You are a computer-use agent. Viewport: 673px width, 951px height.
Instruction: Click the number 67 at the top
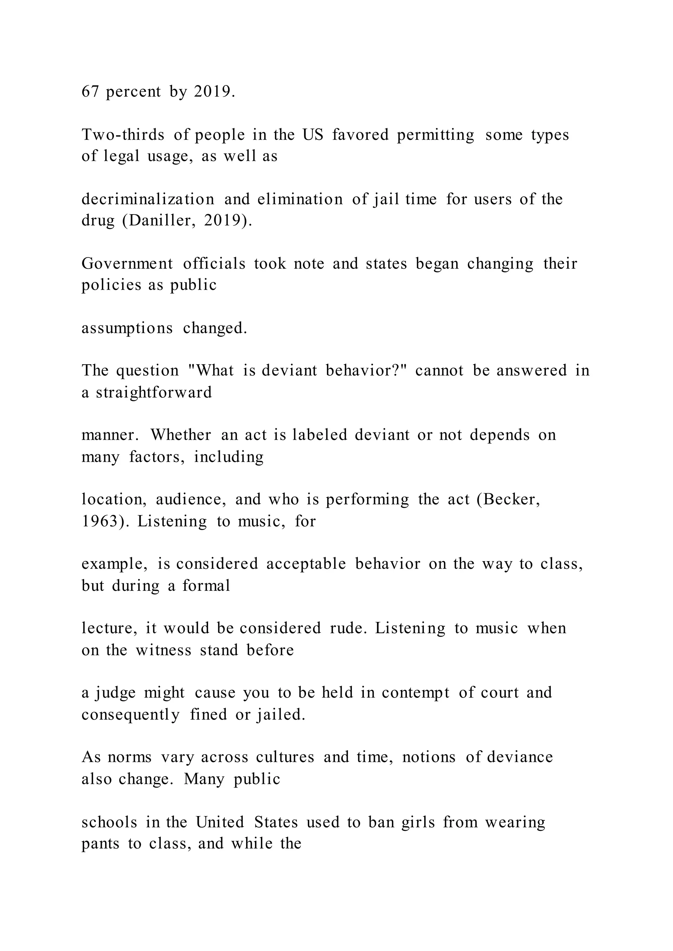(90, 92)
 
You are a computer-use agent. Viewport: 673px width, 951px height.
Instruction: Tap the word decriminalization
(148, 199)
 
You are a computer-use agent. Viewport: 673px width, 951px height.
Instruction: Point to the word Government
(127, 264)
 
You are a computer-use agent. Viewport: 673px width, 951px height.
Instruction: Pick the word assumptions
(127, 328)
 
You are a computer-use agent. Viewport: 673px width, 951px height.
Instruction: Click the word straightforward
(154, 392)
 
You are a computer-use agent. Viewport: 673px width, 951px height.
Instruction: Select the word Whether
(181, 435)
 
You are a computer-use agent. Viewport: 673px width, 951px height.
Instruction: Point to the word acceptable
(306, 564)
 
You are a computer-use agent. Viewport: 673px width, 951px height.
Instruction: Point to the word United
(220, 822)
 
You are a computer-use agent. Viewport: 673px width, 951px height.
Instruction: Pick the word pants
(100, 843)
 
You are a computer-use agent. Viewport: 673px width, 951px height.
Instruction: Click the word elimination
(300, 199)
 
